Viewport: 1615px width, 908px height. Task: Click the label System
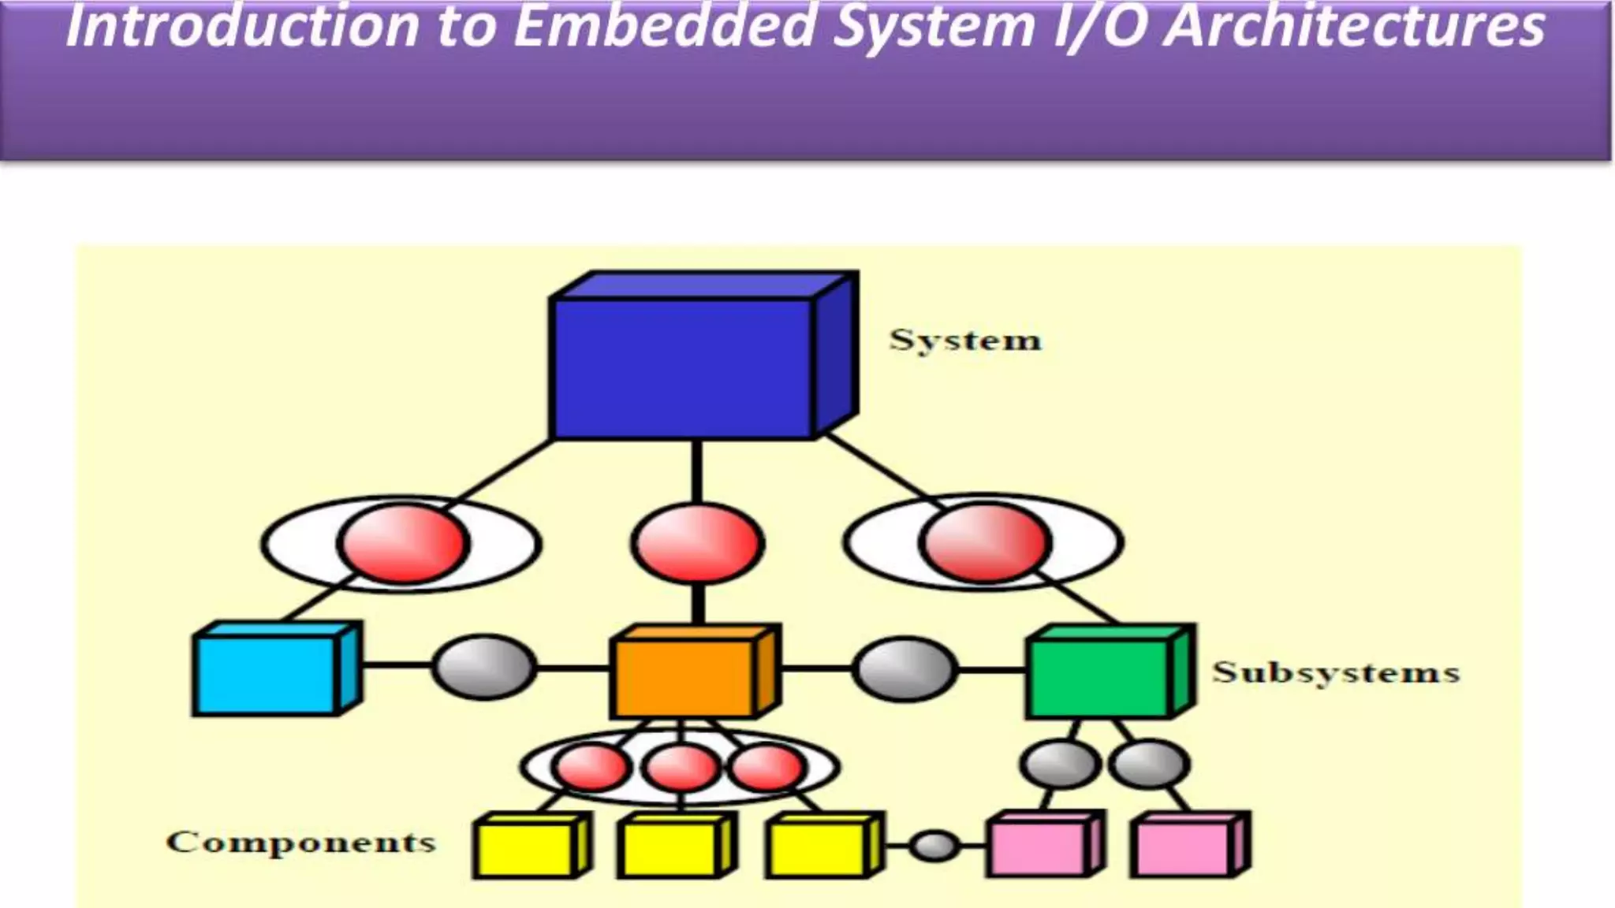[965, 340]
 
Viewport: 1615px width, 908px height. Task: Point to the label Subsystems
[1336, 672]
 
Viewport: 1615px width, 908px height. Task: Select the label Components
[300, 842]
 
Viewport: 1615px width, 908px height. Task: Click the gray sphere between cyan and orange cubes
[484, 668]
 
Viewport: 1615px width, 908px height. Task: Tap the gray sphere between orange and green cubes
[905, 669]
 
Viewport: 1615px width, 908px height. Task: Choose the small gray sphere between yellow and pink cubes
[934, 846]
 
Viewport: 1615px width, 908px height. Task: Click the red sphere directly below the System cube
[697, 544]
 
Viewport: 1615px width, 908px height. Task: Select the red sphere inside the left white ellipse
[404, 544]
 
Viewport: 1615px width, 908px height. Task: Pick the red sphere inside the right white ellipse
[984, 544]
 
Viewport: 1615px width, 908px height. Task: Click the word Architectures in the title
[1353, 27]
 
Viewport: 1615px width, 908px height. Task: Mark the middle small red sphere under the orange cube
[681, 768]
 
